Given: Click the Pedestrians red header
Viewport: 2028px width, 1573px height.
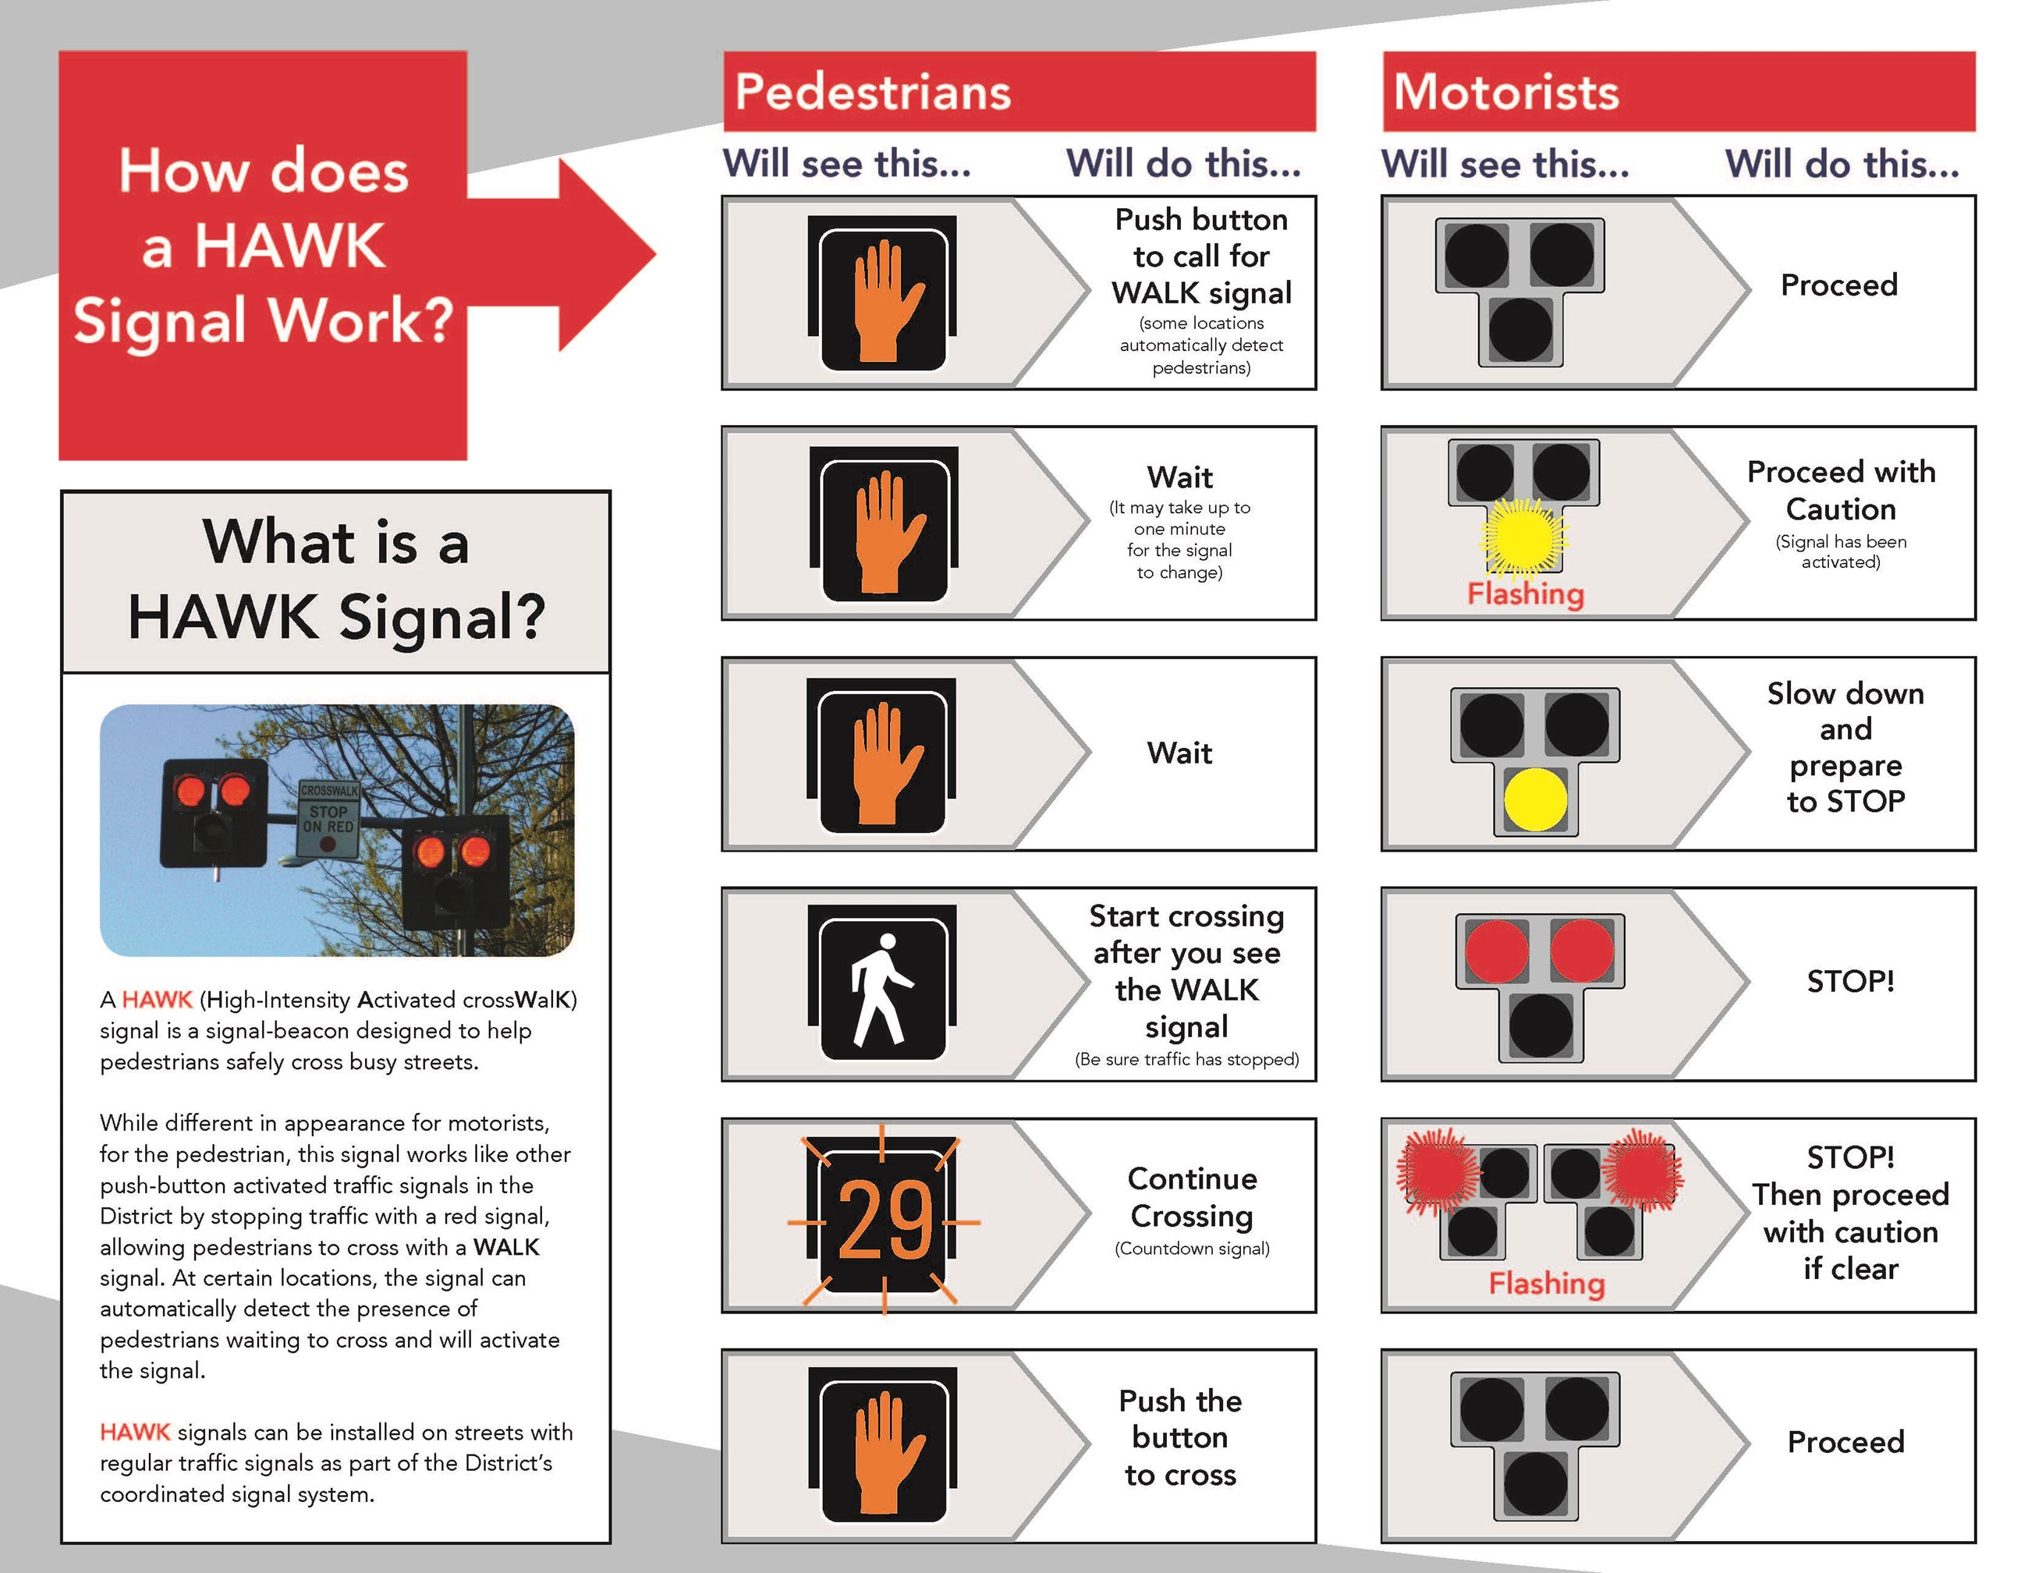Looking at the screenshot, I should (x=1019, y=91).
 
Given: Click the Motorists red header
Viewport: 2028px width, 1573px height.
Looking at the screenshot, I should (x=1678, y=91).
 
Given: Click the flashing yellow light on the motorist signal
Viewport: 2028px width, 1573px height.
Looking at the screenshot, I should (x=1522, y=537).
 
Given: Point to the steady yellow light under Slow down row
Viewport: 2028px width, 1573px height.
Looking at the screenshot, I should (x=1535, y=799).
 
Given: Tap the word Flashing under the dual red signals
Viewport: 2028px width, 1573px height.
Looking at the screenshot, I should (x=1546, y=1284).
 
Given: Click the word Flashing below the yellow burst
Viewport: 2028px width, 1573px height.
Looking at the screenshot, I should (x=1525, y=593).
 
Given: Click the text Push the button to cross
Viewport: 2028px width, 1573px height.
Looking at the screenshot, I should (x=1180, y=1437).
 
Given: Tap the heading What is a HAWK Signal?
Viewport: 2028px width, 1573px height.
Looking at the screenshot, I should (x=335, y=579).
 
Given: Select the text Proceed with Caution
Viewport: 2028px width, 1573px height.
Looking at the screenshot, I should (x=1841, y=491).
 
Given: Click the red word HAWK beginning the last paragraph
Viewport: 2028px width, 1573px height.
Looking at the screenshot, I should (x=135, y=1431).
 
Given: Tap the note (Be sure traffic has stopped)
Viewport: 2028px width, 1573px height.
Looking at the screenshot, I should (x=1186, y=1060).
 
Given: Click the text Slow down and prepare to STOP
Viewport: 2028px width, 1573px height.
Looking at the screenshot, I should (x=1845, y=746).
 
